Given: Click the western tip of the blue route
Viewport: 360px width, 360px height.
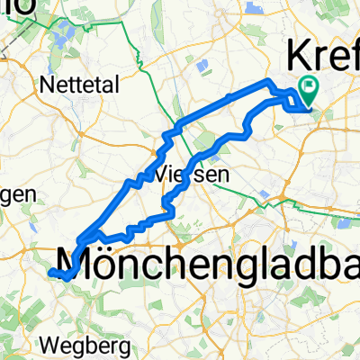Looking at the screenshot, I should pos(51,271).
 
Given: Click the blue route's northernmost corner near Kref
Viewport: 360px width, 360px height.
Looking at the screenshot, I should pos(267,83).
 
